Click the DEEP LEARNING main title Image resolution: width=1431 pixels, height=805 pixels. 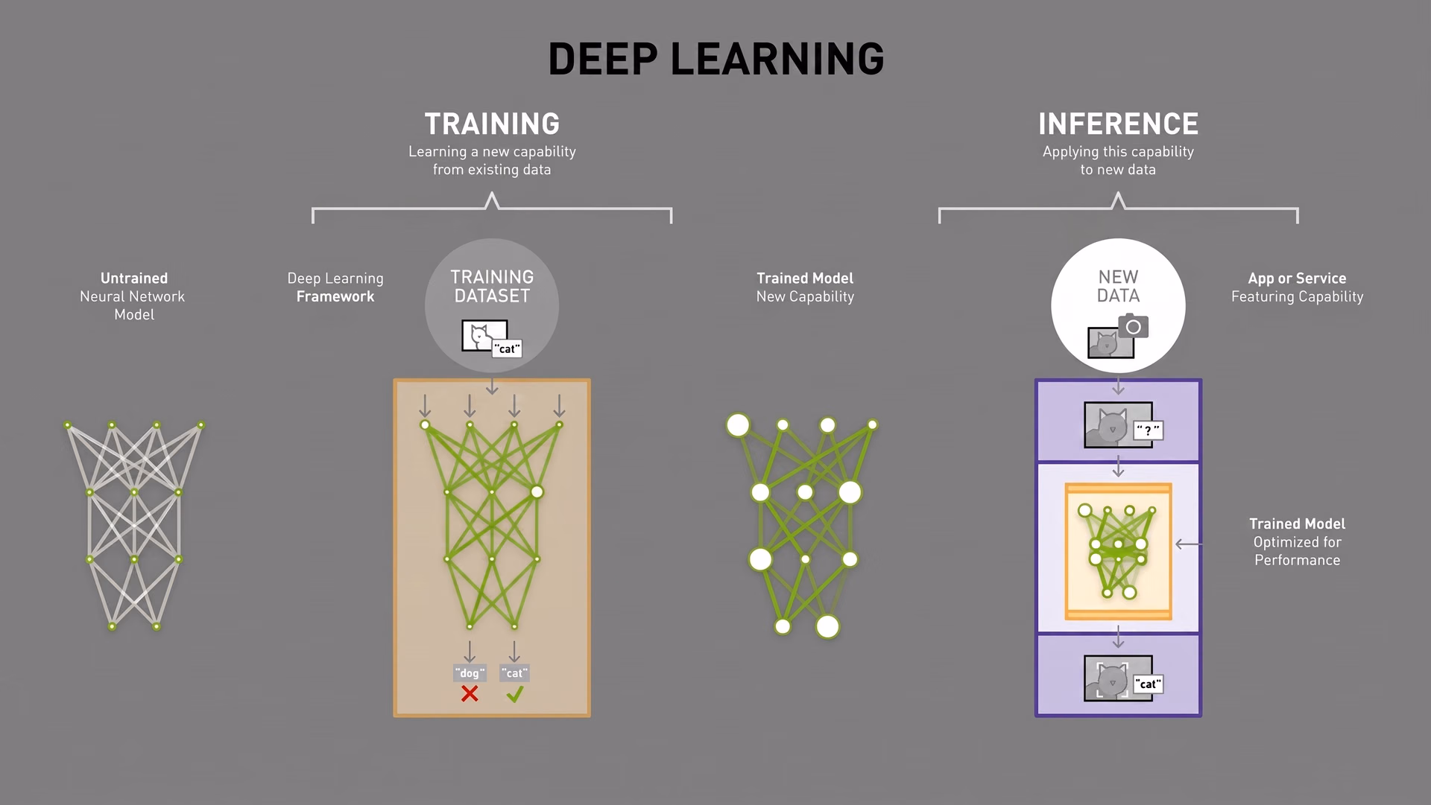(x=715, y=59)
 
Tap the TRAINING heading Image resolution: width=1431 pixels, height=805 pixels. (x=492, y=124)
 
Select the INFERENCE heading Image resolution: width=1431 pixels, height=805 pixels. (x=1118, y=124)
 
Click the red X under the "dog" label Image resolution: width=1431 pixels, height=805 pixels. (x=470, y=694)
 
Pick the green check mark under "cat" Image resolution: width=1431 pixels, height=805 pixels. (x=514, y=694)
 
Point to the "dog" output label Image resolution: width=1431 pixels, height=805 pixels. (x=470, y=672)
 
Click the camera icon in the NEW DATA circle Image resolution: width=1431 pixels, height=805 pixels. (x=1133, y=326)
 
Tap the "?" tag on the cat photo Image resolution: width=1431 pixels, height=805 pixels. (x=1148, y=430)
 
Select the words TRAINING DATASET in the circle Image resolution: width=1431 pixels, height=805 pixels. (x=492, y=287)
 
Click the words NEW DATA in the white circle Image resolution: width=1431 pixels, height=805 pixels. (x=1118, y=287)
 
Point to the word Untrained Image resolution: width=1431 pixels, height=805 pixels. (x=134, y=278)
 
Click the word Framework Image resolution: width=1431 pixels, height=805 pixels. (x=335, y=296)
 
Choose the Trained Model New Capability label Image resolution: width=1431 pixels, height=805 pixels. (x=805, y=287)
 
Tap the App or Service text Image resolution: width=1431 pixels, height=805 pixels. (x=1297, y=278)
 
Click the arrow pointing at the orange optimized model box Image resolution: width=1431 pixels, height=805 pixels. (x=1188, y=544)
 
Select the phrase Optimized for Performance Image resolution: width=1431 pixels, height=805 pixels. (x=1297, y=551)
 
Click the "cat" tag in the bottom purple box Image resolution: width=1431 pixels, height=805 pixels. (x=1148, y=684)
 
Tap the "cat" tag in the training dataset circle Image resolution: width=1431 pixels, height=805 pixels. (x=507, y=349)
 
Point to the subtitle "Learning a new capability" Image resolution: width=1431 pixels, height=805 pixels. (x=492, y=151)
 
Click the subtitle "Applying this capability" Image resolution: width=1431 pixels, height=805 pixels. (x=1118, y=151)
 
